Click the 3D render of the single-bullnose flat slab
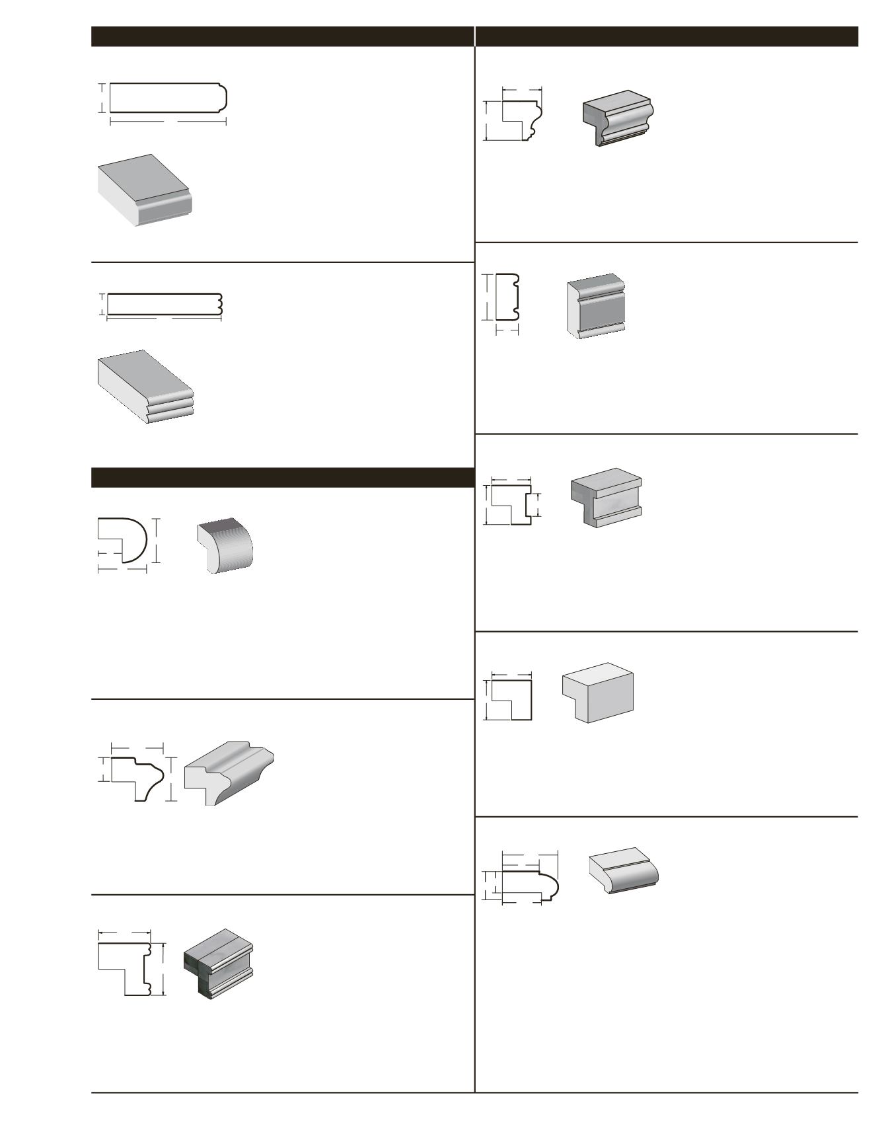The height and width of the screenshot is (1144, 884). pyautogui.click(x=144, y=190)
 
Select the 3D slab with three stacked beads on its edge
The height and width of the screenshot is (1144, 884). pyautogui.click(x=145, y=387)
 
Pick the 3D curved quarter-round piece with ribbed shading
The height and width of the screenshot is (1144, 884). pyautogui.click(x=225, y=545)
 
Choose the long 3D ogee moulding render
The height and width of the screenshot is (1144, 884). pyautogui.click(x=229, y=773)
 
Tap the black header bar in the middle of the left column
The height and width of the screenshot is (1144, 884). pyautogui.click(x=282, y=477)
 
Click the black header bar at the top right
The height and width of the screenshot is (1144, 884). pyautogui.click(x=666, y=36)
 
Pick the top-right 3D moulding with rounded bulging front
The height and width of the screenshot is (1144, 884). pyautogui.click(x=618, y=118)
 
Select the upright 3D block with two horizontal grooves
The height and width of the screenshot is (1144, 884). pyautogui.click(x=597, y=306)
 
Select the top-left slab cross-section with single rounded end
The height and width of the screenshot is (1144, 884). pyautogui.click(x=168, y=98)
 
